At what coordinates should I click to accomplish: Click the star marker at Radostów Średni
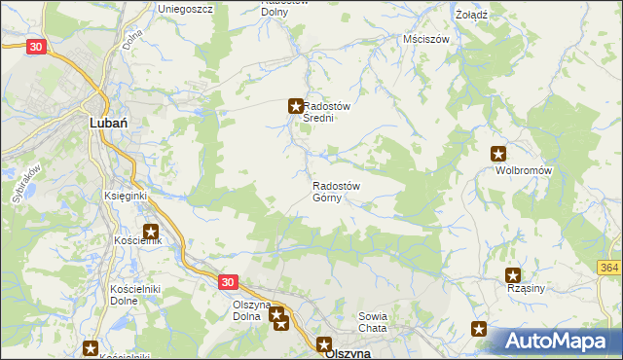pos(295,106)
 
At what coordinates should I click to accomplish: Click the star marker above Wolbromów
pos(498,154)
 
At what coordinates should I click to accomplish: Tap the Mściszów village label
pos(425,40)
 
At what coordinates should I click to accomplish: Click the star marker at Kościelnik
pos(152,232)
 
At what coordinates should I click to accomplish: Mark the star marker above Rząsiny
pos(513,276)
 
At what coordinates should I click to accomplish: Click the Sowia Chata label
pos(373,322)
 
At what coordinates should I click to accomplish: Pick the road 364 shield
pos(609,269)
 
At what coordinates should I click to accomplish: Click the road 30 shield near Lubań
pos(36,46)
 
